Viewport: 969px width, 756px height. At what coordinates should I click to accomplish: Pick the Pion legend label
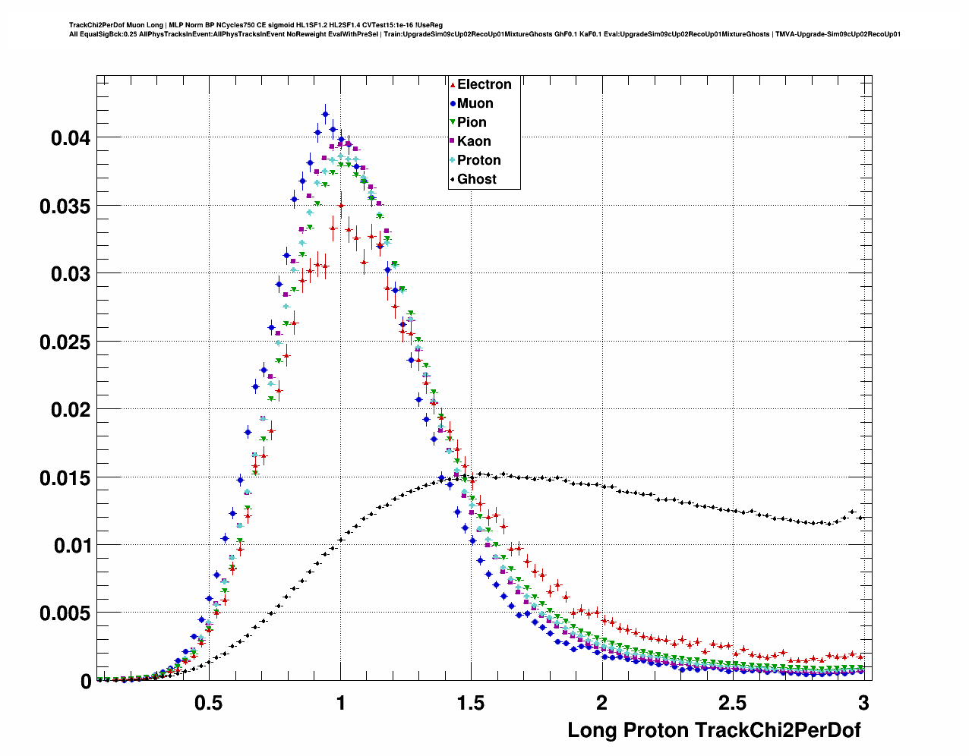pos(472,123)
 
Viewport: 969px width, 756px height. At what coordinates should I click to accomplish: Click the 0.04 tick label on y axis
pos(71,139)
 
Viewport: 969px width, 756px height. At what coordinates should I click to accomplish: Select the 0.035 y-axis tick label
pos(65,206)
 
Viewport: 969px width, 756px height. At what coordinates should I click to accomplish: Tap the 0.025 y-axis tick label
pos(65,342)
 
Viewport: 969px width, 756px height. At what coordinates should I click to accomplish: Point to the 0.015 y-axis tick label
pos(65,478)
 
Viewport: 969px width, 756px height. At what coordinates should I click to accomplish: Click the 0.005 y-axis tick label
pos(65,613)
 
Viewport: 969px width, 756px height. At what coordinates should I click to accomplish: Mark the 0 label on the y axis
pos(85,682)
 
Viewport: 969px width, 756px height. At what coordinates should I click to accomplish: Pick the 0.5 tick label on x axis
pos(209,704)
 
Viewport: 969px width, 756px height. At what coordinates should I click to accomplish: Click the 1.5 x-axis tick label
pos(471,704)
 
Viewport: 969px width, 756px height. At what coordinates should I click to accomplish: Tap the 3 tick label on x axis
pos(863,704)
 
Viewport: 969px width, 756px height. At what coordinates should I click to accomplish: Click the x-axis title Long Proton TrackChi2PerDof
pos(714,731)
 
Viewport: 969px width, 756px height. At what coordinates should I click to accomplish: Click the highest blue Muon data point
pos(325,114)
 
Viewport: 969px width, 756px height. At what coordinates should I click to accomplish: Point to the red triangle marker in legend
pos(453,85)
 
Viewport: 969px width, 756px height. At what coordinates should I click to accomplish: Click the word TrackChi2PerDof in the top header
pos(96,25)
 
